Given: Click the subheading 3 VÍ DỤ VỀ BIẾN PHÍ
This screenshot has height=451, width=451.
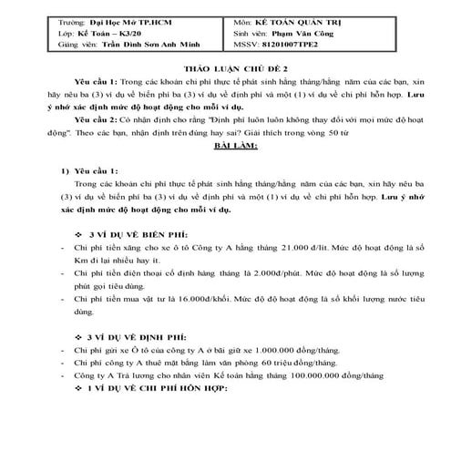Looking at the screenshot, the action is pos(138,232).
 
